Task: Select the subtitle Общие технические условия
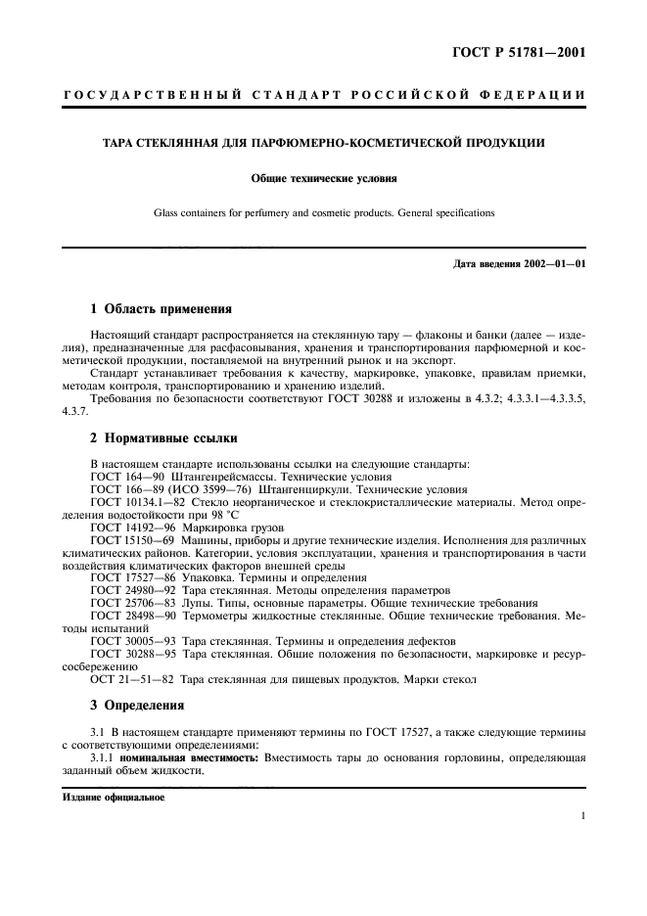pos(323,179)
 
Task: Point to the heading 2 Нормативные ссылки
pos(162,438)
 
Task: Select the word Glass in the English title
pos(169,212)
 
